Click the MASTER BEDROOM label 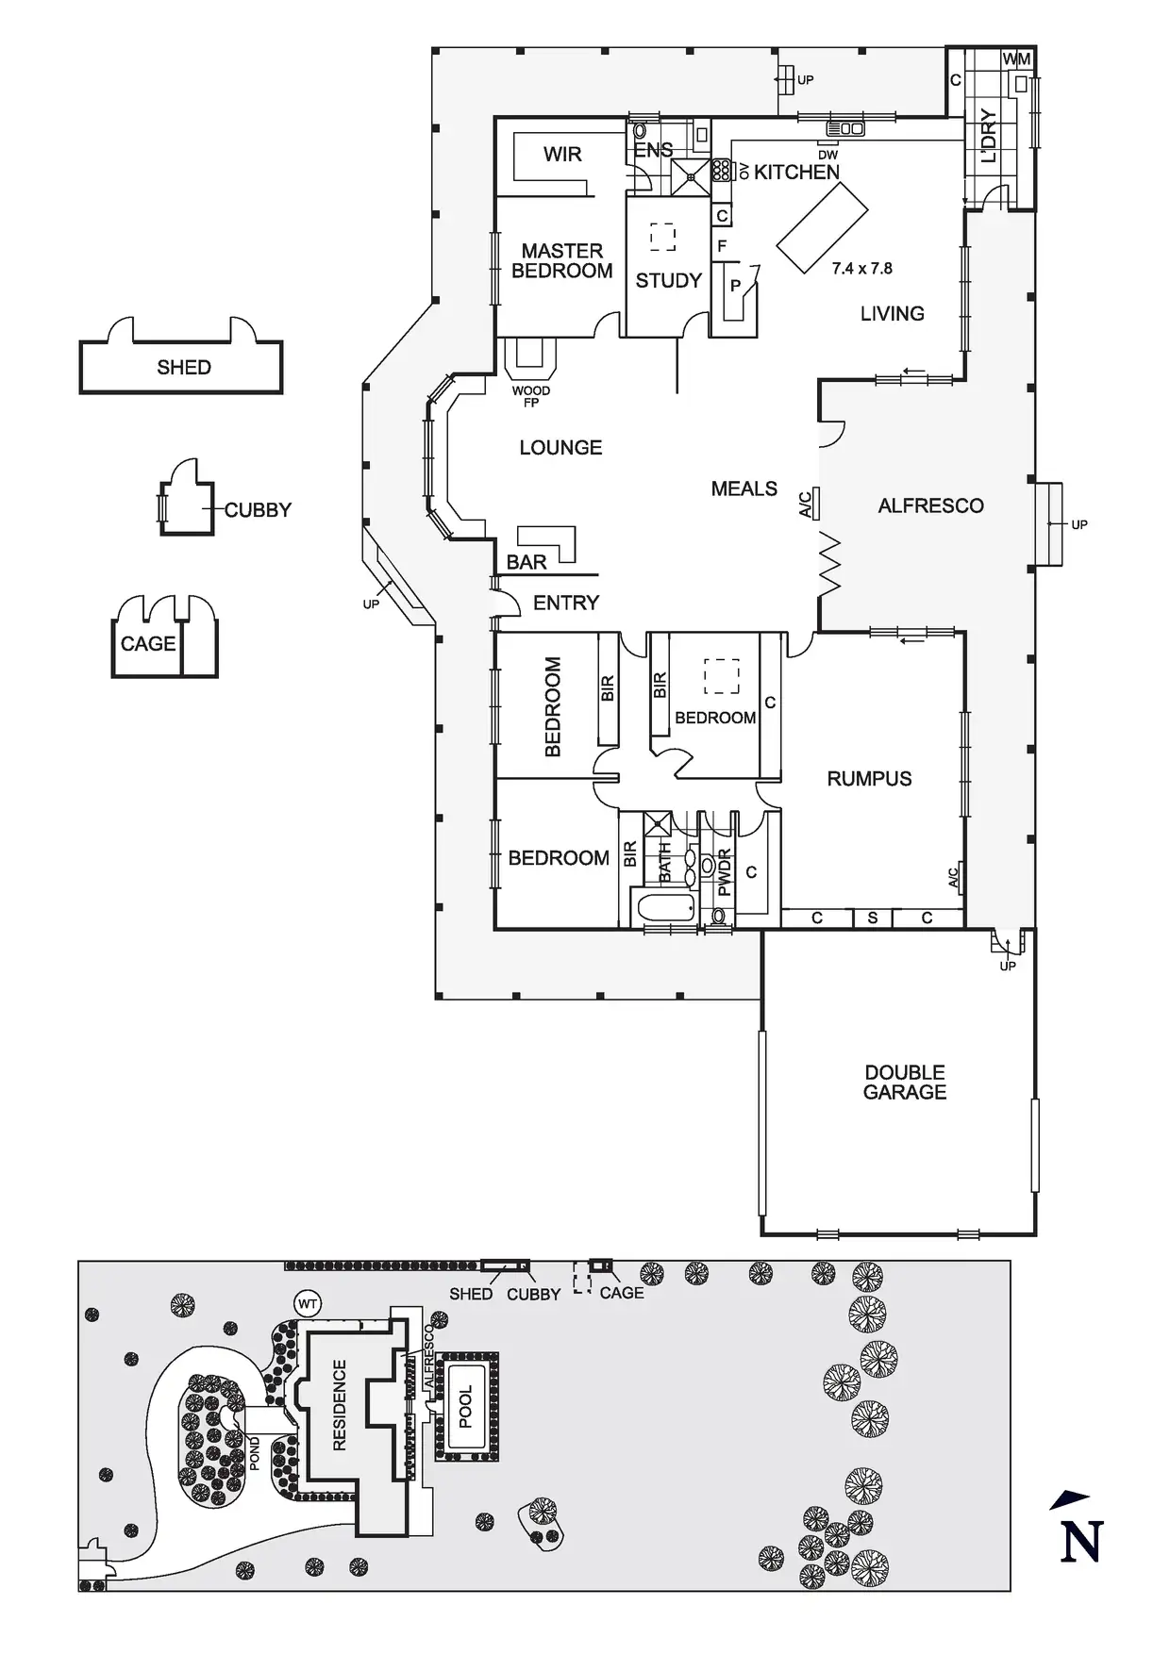tap(561, 261)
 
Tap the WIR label tap(562, 155)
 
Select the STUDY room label tap(668, 280)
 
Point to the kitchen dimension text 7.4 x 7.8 tap(861, 269)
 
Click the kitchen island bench tap(822, 227)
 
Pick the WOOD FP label tap(531, 396)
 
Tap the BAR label tap(526, 562)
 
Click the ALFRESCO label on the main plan tap(930, 506)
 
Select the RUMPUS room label tap(869, 779)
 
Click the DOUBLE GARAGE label tap(905, 1083)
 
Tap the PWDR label tap(725, 872)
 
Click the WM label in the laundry tap(1016, 59)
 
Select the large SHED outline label tap(184, 368)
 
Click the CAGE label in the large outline tap(148, 644)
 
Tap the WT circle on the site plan tap(308, 1305)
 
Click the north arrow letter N tap(1081, 1543)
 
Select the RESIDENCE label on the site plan tap(340, 1405)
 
